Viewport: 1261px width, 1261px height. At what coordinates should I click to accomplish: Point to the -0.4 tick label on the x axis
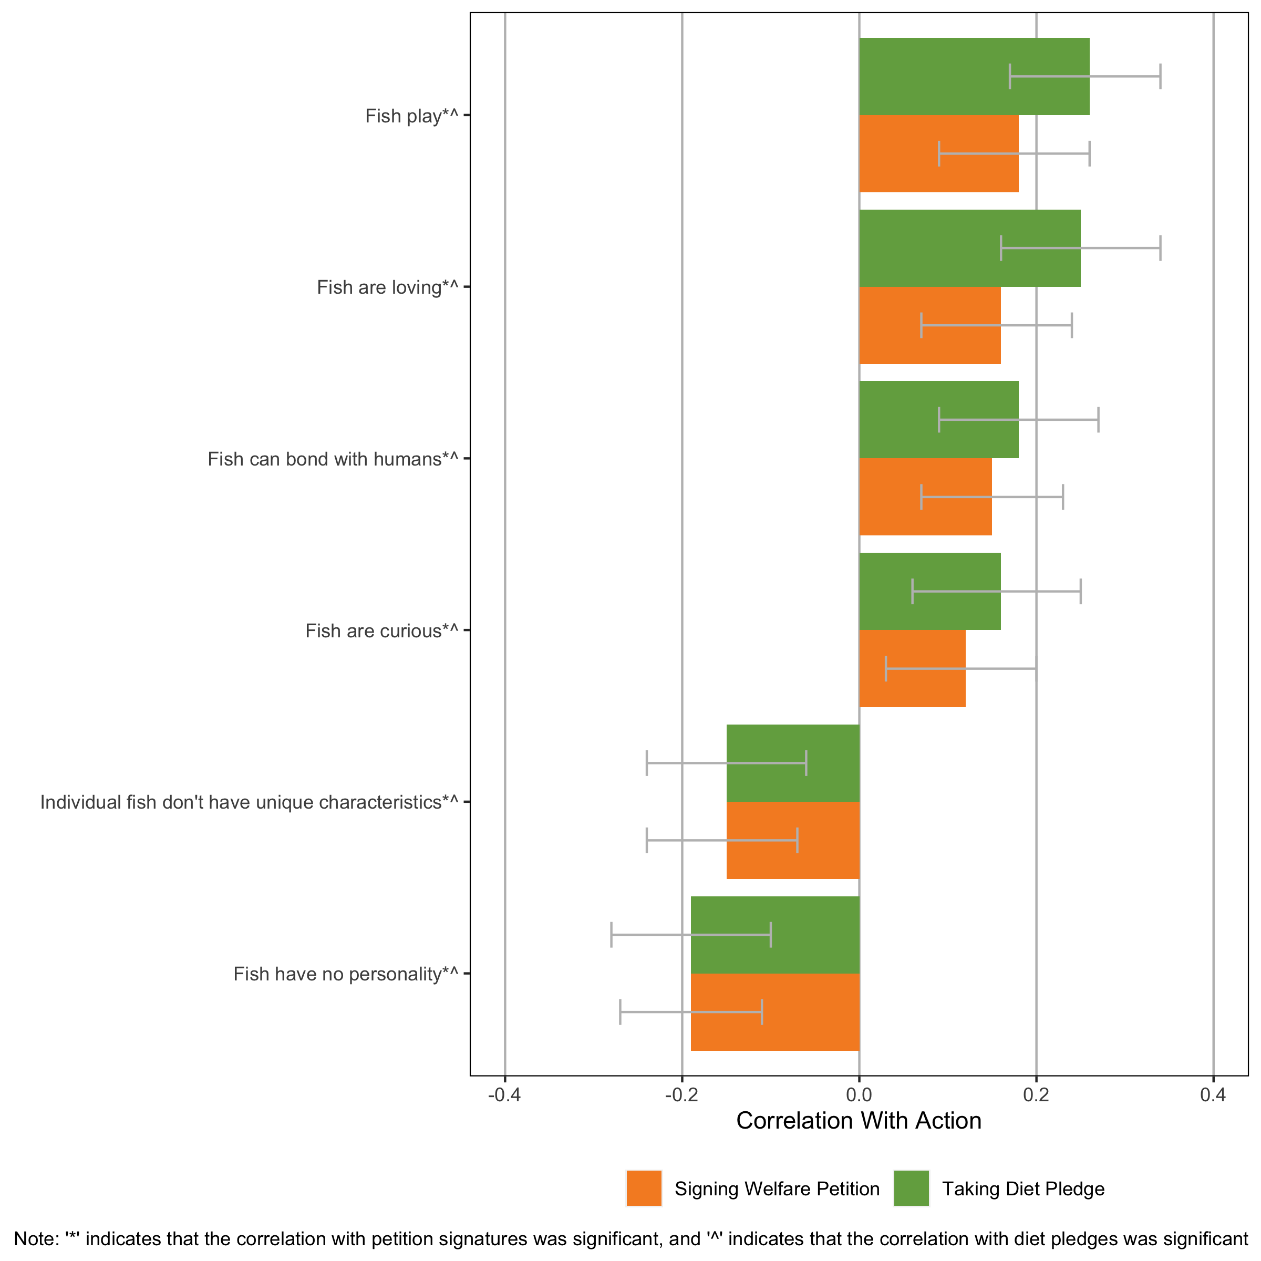tap(504, 1094)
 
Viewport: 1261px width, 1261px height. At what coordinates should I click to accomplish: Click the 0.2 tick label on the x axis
tap(1036, 1094)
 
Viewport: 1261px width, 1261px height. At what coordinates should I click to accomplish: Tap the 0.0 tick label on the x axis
tap(859, 1094)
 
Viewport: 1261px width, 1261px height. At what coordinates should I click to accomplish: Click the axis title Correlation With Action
tap(859, 1121)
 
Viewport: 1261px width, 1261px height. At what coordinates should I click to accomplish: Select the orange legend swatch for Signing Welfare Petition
tap(644, 1188)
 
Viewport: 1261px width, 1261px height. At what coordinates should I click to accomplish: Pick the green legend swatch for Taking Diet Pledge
tap(911, 1188)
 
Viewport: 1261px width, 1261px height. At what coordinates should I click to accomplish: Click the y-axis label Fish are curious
tap(382, 631)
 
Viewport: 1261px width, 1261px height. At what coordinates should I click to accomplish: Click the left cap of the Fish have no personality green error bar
tap(612, 935)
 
